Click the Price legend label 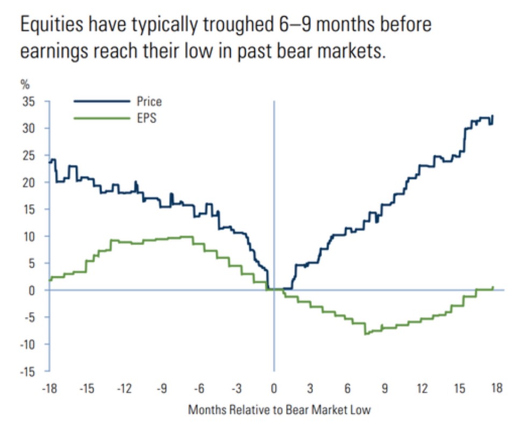point(149,102)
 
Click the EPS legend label point(146,118)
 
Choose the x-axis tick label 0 point(274,388)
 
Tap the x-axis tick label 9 point(385,388)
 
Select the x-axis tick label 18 point(497,388)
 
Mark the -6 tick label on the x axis point(199,388)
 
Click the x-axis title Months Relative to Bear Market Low point(279,409)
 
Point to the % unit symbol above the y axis point(24,84)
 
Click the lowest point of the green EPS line point(365,334)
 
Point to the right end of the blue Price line point(493,116)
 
